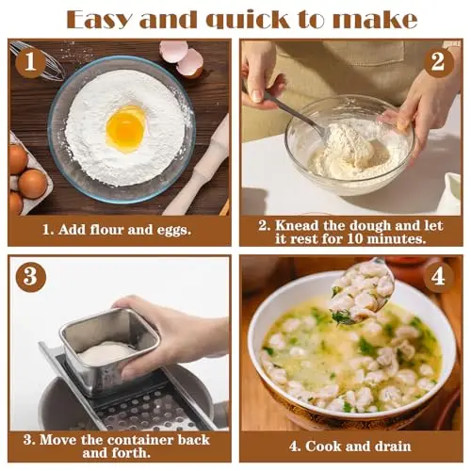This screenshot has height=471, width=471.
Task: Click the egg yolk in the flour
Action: tap(125, 129)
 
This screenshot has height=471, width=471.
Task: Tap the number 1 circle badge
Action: tap(30, 62)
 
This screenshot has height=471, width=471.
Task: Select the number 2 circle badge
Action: tap(438, 62)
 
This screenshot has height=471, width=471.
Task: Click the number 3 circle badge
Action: tap(30, 277)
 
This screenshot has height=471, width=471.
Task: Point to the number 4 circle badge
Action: tap(438, 277)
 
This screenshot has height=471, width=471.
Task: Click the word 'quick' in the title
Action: tap(248, 21)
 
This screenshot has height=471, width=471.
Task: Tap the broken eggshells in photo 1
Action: tap(182, 58)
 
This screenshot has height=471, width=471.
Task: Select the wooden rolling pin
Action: tap(198, 167)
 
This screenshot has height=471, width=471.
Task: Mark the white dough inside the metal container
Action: tap(106, 353)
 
